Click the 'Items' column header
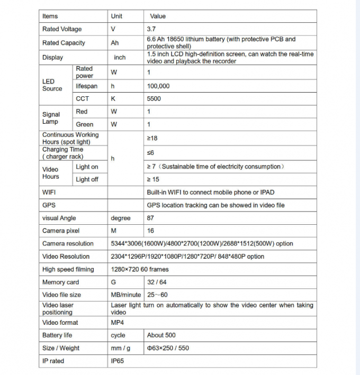point(50,16)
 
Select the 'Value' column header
point(158,16)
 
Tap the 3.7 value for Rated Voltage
point(151,29)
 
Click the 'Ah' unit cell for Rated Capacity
point(115,43)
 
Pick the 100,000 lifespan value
point(158,86)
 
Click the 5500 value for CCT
point(154,99)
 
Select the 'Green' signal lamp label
point(84,125)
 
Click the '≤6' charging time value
point(150,152)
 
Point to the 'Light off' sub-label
point(87,180)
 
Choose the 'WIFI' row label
point(49,192)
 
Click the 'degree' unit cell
point(120,218)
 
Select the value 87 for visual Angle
point(150,218)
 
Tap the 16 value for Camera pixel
point(150,231)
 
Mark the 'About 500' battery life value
point(161,335)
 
